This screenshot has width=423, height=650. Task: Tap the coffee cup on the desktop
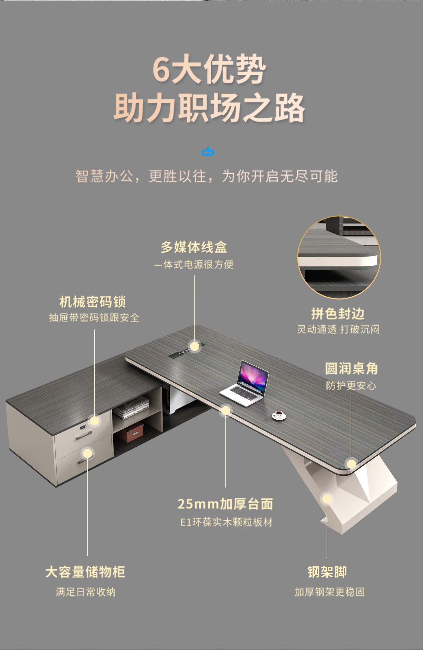point(279,415)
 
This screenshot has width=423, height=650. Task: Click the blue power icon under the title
point(208,152)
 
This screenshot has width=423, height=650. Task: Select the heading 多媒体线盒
point(194,247)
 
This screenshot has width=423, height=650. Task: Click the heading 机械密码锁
point(93,302)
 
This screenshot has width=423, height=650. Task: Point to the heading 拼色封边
point(338,313)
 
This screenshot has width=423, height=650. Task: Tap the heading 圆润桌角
point(351,369)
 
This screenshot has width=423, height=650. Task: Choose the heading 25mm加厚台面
point(225,504)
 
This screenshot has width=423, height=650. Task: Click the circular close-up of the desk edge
point(339,257)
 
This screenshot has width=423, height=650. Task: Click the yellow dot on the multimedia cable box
point(195,347)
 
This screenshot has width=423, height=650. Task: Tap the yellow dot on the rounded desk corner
point(351,464)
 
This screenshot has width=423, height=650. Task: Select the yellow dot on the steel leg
point(327,499)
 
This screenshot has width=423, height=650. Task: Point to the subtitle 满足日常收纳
point(86,592)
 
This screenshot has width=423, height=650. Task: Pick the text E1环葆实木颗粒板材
point(226,522)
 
